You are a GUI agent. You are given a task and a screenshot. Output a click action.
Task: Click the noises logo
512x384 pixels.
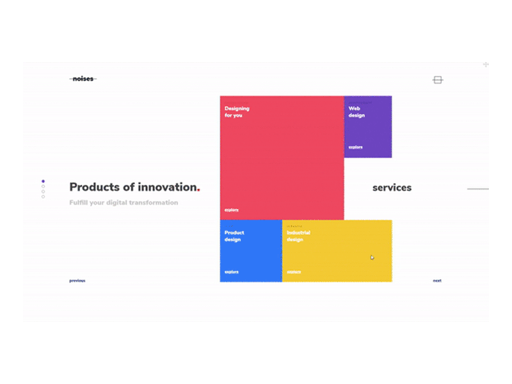[x=83, y=79]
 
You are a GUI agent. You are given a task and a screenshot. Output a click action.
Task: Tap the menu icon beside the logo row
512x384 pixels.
[x=438, y=80]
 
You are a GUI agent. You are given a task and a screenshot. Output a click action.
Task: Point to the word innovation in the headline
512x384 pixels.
[x=166, y=187]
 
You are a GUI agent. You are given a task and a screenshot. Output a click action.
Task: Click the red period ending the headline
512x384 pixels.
[x=199, y=189]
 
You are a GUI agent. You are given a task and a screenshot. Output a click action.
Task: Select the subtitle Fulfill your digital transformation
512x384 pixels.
[x=124, y=203]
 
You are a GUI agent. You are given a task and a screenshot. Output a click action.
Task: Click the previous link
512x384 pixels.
[x=77, y=280]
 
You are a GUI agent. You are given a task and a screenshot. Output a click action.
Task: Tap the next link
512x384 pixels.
[x=437, y=280]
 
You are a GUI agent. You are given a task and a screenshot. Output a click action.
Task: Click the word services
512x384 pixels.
[x=392, y=188]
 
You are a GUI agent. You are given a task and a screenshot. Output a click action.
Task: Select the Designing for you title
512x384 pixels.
[x=237, y=112]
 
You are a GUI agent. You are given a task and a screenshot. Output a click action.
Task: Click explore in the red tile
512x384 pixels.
[x=232, y=209]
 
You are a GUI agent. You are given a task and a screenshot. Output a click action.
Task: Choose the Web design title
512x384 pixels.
[x=356, y=112]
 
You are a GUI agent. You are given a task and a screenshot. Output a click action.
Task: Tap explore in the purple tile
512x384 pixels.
[x=355, y=147]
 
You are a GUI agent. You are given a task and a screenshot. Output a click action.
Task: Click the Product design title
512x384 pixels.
[x=234, y=236]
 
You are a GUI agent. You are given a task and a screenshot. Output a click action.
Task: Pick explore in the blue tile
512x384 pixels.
[x=232, y=271]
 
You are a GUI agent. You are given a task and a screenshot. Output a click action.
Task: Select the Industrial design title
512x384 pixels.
[x=298, y=236]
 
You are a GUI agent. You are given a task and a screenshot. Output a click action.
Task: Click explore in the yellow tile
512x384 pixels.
[x=294, y=271]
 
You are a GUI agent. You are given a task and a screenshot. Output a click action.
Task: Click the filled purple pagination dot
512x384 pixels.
[x=43, y=181]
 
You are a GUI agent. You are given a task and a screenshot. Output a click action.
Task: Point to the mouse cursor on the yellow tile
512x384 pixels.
[x=372, y=257]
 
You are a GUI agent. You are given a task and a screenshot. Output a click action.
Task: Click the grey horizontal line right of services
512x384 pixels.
[x=477, y=189]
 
